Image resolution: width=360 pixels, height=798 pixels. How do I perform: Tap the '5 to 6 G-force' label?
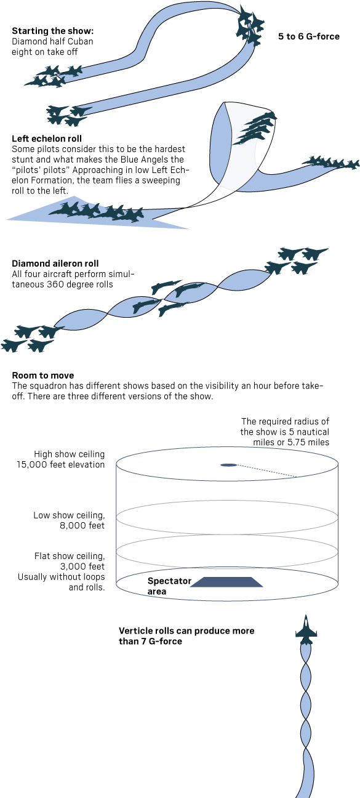[x=308, y=37]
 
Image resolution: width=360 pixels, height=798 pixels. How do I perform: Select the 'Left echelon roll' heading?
[x=47, y=139]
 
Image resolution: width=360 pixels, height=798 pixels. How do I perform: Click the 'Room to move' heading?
[x=43, y=375]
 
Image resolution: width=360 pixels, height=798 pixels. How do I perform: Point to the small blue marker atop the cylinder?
[x=228, y=465]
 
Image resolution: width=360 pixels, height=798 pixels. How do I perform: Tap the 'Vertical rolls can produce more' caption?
[x=185, y=632]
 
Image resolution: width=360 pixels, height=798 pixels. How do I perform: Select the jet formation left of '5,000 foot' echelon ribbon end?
[x=98, y=212]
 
